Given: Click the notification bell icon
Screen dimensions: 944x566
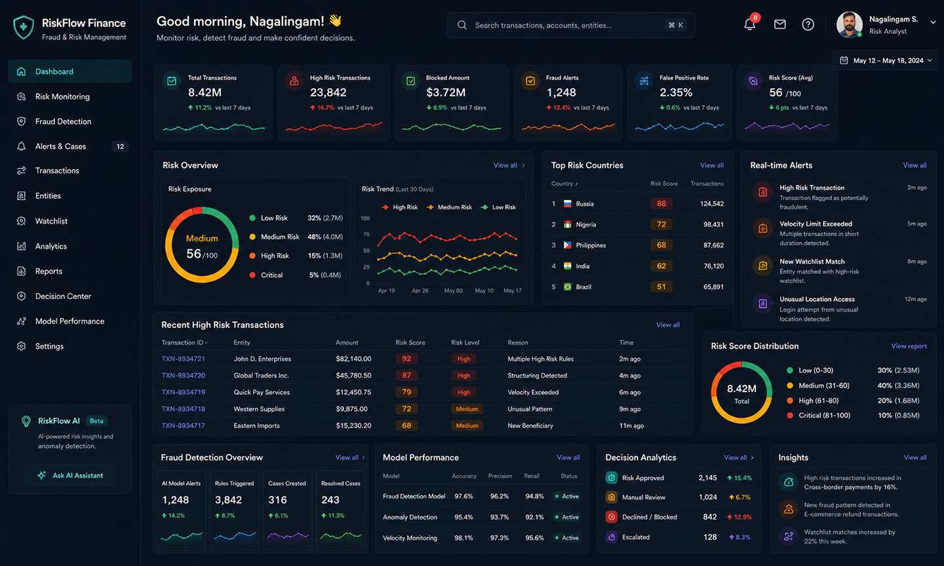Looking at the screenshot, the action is (x=749, y=24).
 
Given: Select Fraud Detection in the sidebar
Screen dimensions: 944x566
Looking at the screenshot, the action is (x=63, y=121).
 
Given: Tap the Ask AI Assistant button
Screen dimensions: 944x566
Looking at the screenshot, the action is (x=70, y=475).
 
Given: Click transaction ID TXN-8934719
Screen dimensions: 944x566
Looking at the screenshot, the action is (x=184, y=392).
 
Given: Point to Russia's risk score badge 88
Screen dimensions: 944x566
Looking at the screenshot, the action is (x=661, y=204).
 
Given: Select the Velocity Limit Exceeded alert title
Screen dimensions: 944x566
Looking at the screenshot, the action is (x=816, y=224).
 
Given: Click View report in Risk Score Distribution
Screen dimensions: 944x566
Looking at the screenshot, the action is (x=909, y=346).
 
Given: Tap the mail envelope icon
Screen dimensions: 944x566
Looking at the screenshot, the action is (x=779, y=24).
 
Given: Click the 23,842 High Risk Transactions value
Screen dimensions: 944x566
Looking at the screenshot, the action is (x=328, y=92).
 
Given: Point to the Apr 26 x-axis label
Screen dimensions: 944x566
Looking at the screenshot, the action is (x=420, y=291).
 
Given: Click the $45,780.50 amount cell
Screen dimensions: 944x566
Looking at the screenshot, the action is (x=353, y=375).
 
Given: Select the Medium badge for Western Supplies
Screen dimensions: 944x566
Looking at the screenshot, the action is (x=467, y=409).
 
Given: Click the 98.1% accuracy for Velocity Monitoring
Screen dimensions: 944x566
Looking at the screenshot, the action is (x=463, y=538).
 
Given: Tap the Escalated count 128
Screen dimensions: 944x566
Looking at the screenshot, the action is (x=710, y=537).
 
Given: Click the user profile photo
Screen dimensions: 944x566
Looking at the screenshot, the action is (x=849, y=24).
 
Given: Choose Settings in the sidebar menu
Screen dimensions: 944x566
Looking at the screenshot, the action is (x=49, y=346).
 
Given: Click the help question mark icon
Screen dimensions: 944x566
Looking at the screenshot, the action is (x=808, y=24).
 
